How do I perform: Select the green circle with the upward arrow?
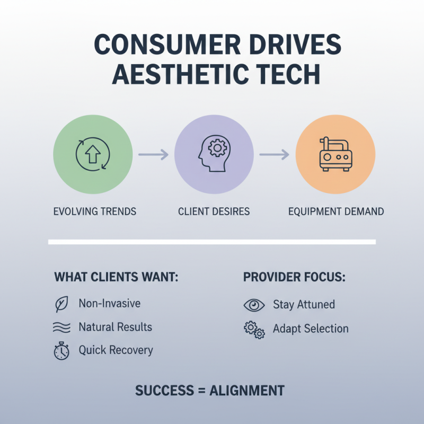click(93, 154)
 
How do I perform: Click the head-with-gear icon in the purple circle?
click(214, 154)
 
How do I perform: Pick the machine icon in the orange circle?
click(335, 154)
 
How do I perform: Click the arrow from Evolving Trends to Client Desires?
click(153, 154)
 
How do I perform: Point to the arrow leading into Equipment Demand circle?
click(274, 154)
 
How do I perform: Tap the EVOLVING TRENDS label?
click(95, 211)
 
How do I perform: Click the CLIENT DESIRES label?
click(214, 211)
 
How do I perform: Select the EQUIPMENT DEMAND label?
click(336, 211)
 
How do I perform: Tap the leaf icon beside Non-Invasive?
click(61, 305)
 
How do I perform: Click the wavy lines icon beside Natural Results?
click(61, 328)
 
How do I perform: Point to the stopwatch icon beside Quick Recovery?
click(61, 351)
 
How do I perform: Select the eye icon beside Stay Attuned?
click(254, 305)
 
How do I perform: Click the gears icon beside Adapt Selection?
click(254, 330)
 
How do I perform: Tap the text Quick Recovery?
click(116, 350)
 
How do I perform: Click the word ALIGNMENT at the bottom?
click(247, 391)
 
